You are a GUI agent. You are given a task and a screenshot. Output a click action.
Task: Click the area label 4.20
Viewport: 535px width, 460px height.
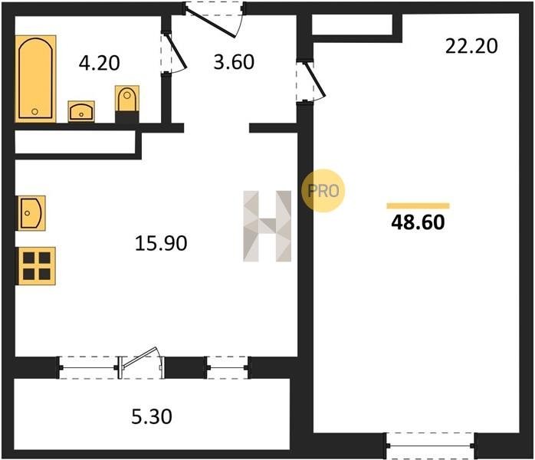[x=100, y=63]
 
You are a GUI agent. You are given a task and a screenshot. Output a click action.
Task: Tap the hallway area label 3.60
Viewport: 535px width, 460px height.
[x=234, y=62]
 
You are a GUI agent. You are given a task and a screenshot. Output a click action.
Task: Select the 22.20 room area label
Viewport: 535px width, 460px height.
[x=471, y=46]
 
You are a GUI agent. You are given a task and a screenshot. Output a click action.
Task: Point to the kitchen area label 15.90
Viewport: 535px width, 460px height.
[x=161, y=243]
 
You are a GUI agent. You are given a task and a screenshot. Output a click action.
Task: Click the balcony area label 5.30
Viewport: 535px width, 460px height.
[x=152, y=416]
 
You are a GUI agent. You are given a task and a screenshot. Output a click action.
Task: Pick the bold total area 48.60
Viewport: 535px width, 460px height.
[x=418, y=222]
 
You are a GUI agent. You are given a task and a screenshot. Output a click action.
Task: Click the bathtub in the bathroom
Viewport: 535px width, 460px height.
[x=35, y=78]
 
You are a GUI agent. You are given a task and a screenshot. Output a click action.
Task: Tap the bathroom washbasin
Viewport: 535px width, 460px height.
[x=81, y=111]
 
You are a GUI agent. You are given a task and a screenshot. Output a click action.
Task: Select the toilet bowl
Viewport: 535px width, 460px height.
[x=127, y=99]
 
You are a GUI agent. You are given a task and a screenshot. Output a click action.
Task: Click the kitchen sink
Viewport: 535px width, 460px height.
[x=31, y=213]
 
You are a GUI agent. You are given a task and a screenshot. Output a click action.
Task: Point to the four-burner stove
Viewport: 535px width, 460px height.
[x=37, y=266]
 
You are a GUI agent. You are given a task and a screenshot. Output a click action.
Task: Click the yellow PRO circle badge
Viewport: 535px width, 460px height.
[x=323, y=191]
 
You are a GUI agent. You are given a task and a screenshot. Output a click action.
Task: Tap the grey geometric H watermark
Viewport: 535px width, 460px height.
[x=267, y=226]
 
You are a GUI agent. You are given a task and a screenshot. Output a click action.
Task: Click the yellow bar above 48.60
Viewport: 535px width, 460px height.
[x=418, y=205]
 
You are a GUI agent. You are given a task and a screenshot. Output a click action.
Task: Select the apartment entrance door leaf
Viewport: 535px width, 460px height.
[x=211, y=21]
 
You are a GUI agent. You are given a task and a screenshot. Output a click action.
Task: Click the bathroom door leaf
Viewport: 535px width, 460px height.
[x=176, y=50]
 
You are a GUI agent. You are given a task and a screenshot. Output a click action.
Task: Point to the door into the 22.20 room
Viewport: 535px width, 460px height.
[x=316, y=80]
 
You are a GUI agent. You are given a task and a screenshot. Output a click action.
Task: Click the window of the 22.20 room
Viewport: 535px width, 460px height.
[x=430, y=445]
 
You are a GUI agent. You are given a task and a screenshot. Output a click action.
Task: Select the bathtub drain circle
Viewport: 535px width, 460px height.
[x=34, y=112]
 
